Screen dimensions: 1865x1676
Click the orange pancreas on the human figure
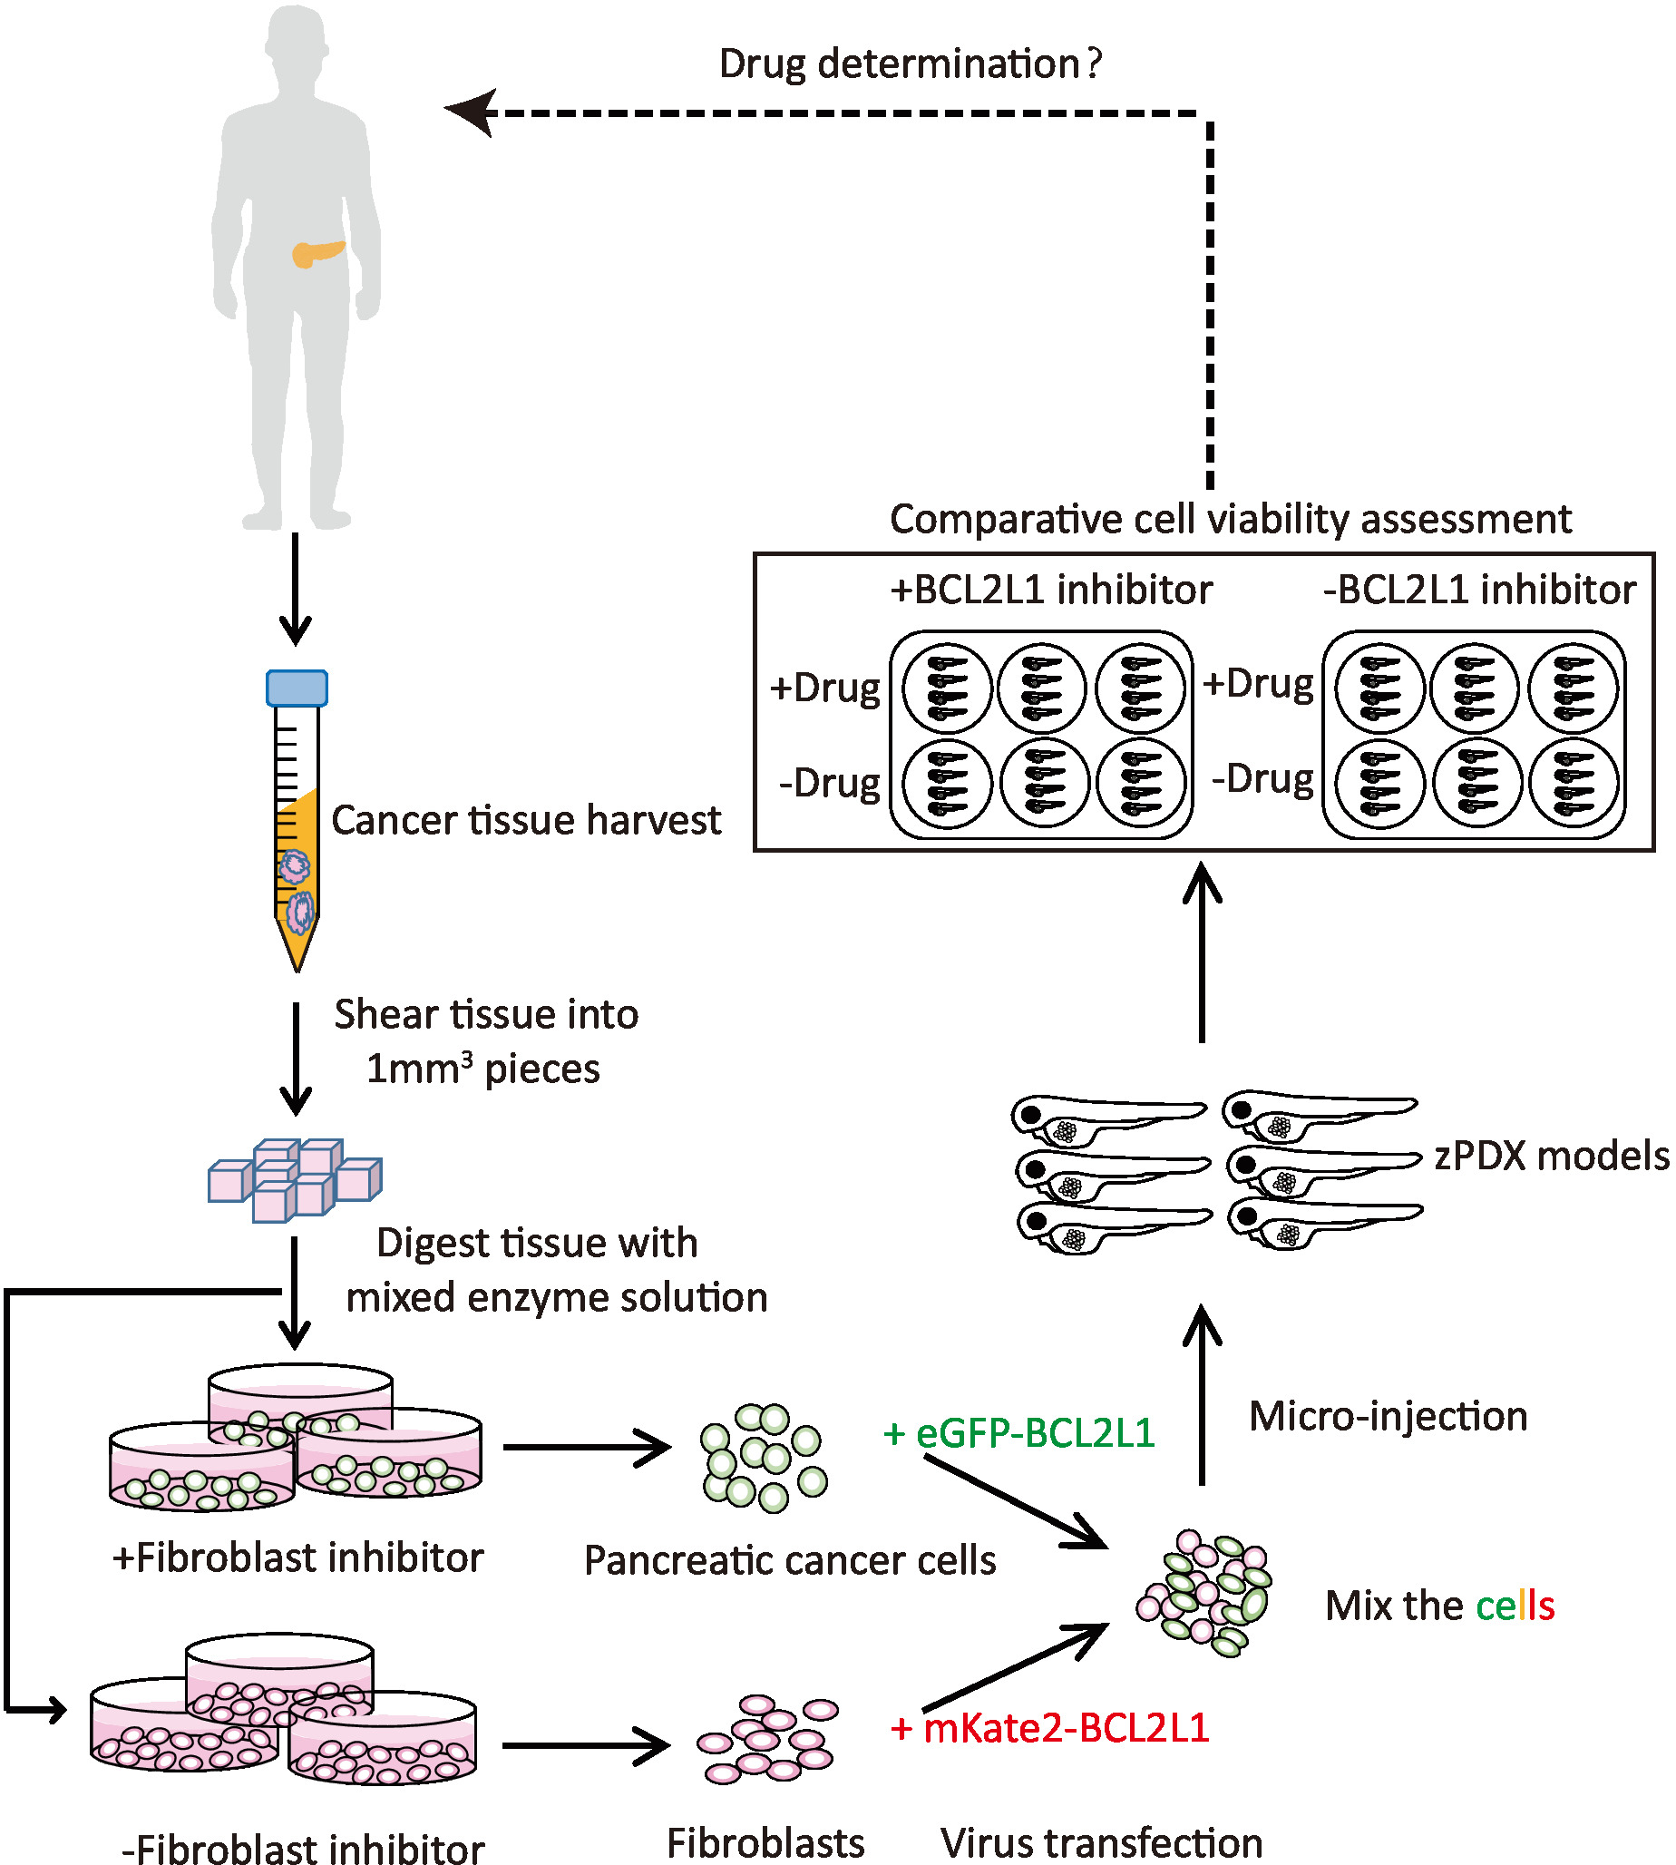[316, 251]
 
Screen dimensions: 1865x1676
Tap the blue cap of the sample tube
[297, 688]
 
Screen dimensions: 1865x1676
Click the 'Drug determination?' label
[910, 64]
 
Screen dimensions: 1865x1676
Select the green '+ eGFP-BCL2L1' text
[1018, 1433]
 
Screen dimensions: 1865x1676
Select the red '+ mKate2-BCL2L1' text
[1049, 1728]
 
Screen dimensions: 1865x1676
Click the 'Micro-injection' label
[1388, 1417]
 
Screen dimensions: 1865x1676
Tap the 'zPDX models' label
[1551, 1156]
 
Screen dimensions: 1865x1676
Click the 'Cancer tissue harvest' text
[526, 820]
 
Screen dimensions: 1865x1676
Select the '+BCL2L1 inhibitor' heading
[1051, 590]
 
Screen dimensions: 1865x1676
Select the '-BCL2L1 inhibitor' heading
[1480, 590]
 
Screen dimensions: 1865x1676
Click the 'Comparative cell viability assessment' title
[1231, 520]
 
